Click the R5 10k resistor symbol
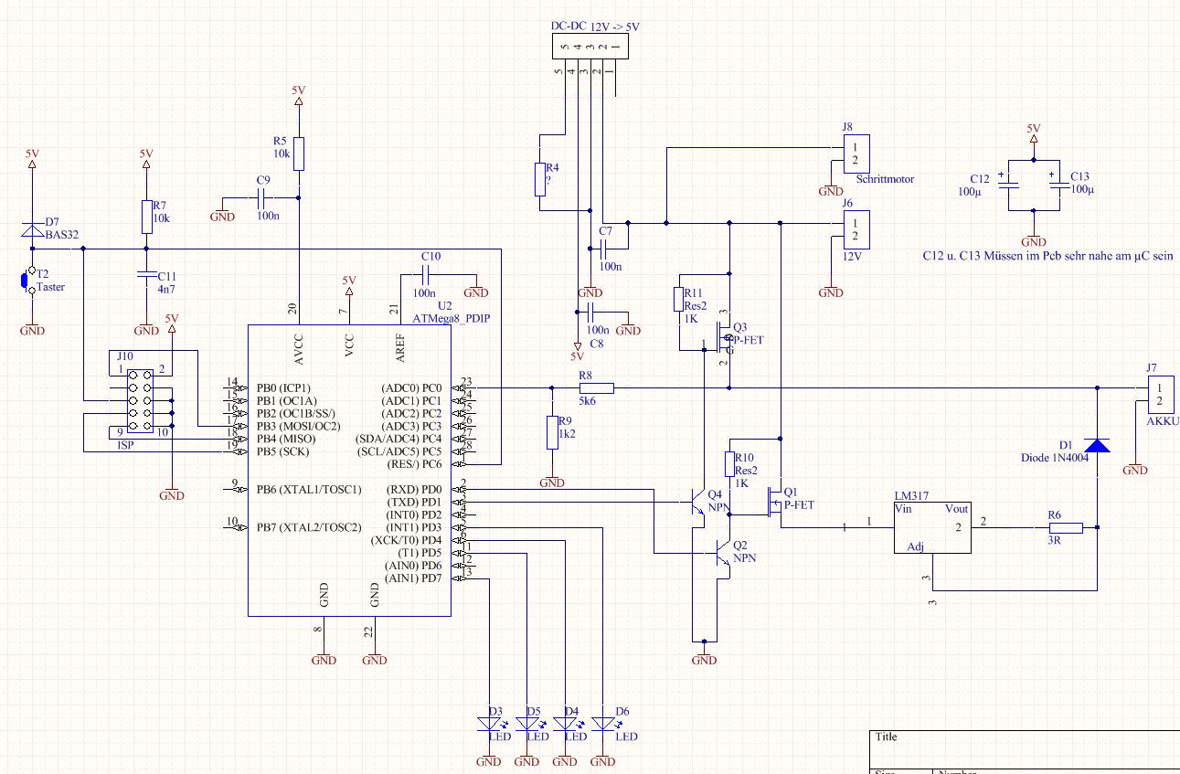pos(299,154)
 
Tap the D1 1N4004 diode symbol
pos(1097,444)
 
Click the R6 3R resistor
pos(1066,527)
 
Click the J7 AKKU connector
pos(1159,395)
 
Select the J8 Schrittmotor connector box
pos(856,153)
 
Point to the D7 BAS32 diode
pos(32,230)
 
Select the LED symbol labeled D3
pos(489,724)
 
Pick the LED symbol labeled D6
pos(603,724)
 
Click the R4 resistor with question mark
pos(541,179)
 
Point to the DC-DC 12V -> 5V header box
pos(590,46)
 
